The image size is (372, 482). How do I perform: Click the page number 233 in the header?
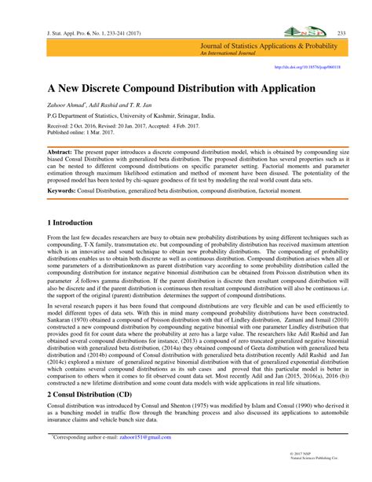click(x=341, y=33)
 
